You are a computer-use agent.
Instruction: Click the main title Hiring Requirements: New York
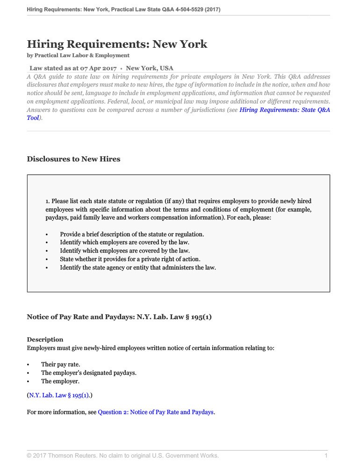point(117,44)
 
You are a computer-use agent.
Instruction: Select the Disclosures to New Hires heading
point(73,159)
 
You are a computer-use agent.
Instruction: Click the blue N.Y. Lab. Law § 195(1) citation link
point(59,395)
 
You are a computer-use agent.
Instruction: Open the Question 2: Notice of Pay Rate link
point(155,412)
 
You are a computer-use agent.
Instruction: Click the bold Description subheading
point(45,340)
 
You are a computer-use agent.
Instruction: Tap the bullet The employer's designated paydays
point(88,373)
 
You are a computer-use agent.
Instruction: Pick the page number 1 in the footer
point(326,455)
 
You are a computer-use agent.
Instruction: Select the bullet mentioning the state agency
point(137,268)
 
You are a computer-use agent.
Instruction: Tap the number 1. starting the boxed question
point(48,201)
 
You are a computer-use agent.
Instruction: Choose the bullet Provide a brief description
point(132,234)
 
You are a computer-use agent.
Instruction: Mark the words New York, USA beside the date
point(150,68)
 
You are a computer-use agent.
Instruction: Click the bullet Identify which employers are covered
point(124,242)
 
